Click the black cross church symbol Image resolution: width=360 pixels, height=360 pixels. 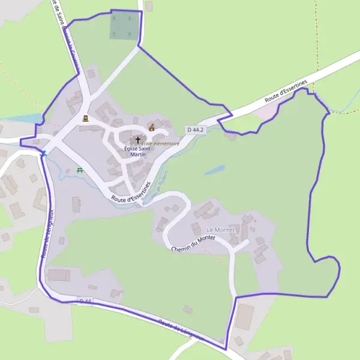click(x=138, y=140)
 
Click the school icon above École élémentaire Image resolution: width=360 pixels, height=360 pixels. click(x=152, y=127)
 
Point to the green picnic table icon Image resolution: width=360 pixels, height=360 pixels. click(x=80, y=170)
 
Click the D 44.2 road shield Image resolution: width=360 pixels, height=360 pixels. click(x=195, y=130)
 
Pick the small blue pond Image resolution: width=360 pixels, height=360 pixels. click(x=214, y=170)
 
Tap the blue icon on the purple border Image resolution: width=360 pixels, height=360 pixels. click(x=43, y=154)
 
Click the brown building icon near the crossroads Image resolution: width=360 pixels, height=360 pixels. click(x=85, y=118)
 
